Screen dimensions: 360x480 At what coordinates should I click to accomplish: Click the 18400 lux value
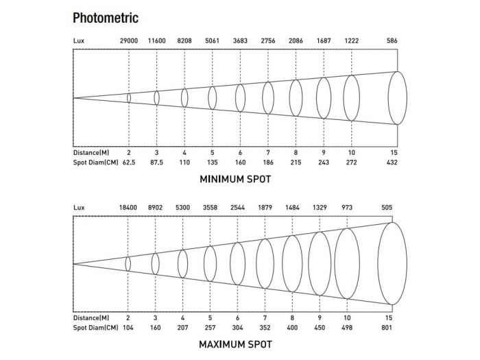tap(128, 208)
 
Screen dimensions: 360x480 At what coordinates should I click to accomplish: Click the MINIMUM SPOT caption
tap(235, 180)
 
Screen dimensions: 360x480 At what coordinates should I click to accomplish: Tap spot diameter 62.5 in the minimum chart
tap(129, 163)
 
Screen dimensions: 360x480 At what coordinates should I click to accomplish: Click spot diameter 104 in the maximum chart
tap(128, 328)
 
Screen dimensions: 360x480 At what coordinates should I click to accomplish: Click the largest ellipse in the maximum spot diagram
tap(392, 263)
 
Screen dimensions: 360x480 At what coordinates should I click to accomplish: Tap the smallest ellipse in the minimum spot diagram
tap(129, 98)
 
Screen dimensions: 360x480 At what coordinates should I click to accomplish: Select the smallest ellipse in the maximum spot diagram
tap(128, 263)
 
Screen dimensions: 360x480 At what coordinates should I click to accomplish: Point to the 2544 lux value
tap(237, 208)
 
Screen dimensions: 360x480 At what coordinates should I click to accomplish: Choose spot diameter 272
tap(351, 163)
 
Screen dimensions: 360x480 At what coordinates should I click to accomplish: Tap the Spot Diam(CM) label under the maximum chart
tap(94, 328)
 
